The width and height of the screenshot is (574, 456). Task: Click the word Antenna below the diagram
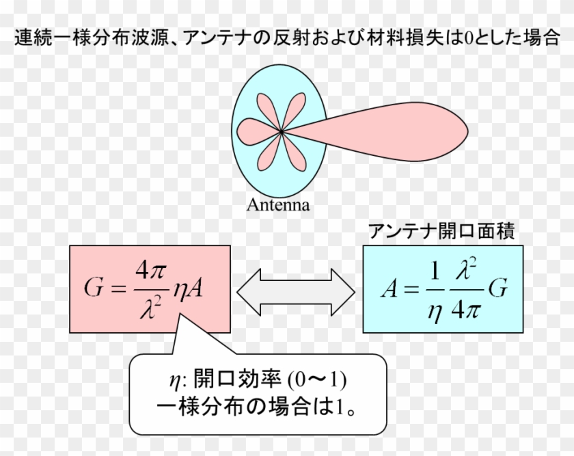[x=278, y=204]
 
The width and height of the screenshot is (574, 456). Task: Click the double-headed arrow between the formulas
[x=296, y=291]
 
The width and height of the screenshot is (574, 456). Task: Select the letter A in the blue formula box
[x=389, y=289]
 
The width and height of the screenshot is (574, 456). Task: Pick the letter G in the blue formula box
[x=499, y=289]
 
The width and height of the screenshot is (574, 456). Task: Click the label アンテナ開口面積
[x=441, y=231]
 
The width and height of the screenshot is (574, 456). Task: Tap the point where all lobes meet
[x=282, y=131]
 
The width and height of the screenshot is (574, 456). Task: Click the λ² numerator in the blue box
[x=468, y=271]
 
